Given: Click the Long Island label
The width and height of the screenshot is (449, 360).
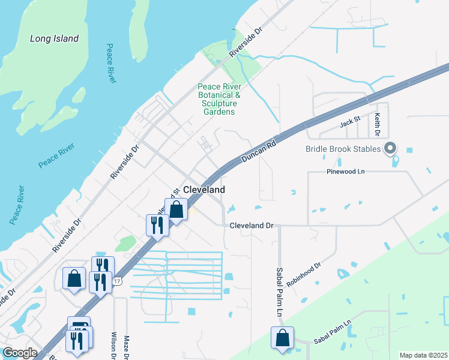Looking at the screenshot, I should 55,38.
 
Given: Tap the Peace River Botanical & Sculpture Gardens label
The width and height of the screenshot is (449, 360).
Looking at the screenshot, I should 219,99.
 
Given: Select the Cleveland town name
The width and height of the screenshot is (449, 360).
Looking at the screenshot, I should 203,190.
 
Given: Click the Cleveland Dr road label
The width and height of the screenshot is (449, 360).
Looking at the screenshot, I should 252,226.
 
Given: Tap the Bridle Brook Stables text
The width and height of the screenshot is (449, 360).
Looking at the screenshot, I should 343,149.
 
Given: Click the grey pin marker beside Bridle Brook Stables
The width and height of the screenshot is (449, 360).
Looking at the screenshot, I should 390,148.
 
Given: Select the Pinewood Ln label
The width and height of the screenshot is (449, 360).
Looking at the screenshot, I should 346,172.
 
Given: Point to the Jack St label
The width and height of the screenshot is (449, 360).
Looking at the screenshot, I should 349,122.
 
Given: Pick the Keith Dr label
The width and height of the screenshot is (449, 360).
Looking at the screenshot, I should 378,123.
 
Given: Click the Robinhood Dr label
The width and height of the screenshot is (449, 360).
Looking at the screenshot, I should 304,274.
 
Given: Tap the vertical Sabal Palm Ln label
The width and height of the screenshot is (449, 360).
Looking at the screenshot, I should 279,292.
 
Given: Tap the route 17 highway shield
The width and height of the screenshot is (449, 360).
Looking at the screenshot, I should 118,281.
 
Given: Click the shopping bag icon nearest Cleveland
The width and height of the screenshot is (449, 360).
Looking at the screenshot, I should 176,210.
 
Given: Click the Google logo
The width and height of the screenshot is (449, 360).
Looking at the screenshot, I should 20,353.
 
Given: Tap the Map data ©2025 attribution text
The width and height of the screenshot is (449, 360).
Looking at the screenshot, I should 423,355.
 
